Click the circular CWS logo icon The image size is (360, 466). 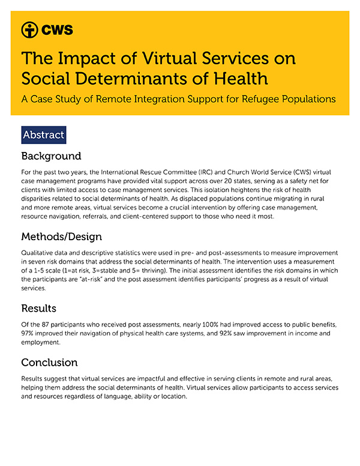(29, 29)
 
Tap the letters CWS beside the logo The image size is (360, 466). (57, 29)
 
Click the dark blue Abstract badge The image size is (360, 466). (43, 135)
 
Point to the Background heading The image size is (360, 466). (51, 156)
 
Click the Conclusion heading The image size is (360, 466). (50, 362)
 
